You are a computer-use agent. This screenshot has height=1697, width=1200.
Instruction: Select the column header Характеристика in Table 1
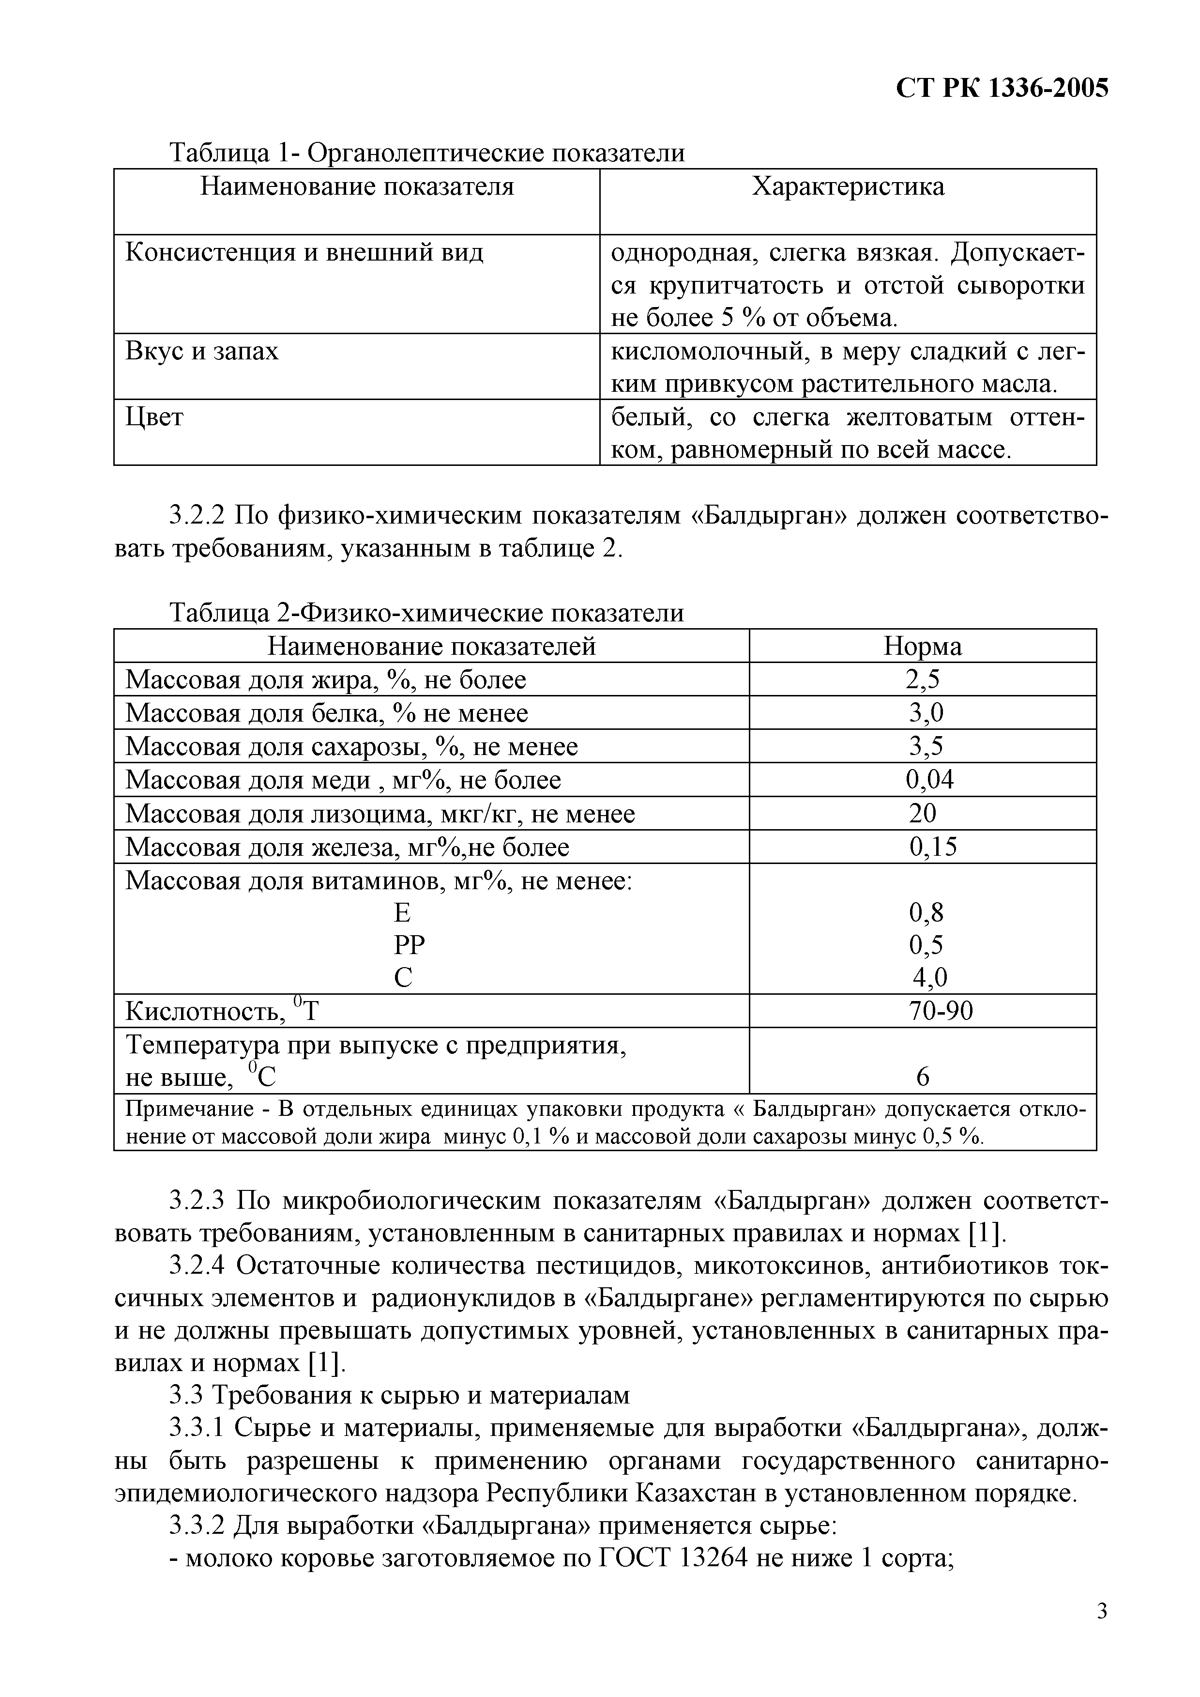(848, 186)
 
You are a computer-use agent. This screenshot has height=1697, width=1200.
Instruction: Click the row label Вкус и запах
(202, 350)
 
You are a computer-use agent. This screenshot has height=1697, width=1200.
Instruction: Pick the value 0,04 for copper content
(929, 780)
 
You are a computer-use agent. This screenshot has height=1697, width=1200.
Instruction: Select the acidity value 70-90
(940, 1010)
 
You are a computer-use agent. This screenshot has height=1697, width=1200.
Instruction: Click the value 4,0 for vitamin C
(929, 978)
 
